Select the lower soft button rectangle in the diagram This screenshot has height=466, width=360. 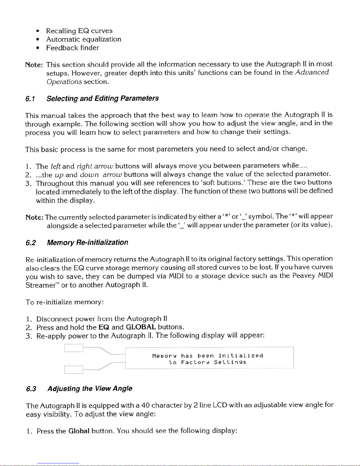tap(74, 369)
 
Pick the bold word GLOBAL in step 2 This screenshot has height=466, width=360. tap(141, 327)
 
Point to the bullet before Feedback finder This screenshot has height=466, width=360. tap(38, 48)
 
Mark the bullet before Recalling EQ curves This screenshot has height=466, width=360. tap(38, 31)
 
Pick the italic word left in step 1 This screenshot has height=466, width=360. tap(56, 166)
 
